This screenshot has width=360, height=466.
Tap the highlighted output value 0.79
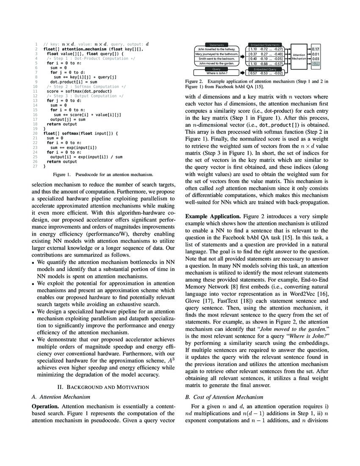(x=315, y=64)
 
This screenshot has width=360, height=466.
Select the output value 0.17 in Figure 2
(x=315, y=49)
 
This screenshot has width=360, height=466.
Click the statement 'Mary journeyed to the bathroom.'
(x=217, y=54)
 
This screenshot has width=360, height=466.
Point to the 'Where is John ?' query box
(x=217, y=73)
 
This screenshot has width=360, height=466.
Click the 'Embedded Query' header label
(x=265, y=69)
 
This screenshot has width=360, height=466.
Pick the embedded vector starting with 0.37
(x=266, y=54)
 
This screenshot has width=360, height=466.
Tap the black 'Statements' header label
(x=217, y=44)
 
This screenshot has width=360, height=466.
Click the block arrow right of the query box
(x=244, y=73)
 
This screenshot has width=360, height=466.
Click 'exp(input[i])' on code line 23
(x=81, y=147)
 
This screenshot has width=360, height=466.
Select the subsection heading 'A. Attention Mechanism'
(x=61, y=397)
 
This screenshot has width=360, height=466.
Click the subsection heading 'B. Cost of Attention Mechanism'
(x=224, y=397)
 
